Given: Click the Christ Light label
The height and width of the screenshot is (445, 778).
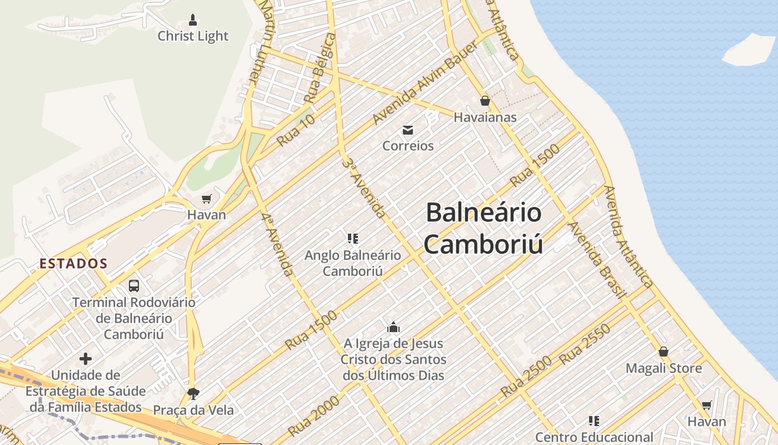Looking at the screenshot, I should pos(193,36).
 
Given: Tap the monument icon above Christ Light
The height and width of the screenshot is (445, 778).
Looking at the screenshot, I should pos(193,21).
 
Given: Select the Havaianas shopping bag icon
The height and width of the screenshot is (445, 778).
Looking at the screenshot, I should pos(485,101).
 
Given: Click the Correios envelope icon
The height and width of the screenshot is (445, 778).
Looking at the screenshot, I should pos(408,130).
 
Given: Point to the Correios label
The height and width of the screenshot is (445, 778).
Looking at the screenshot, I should pos(408,146).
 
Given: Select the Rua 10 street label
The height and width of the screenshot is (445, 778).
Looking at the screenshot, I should pos(296,130).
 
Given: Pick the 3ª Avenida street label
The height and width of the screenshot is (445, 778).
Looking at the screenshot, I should pos(364,187).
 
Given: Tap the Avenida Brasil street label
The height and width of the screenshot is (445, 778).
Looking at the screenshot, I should pos(597,259).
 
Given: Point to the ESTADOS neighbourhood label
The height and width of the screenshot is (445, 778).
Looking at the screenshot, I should pos(73,264).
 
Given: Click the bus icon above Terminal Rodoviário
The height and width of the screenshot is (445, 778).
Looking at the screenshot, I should pos(134,286).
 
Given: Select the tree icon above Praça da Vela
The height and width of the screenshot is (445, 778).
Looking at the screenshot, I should pos(193,394).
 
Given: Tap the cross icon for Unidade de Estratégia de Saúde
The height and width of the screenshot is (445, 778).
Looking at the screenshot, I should pos(86,359).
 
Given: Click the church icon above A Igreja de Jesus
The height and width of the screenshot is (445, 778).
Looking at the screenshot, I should pos(393,327).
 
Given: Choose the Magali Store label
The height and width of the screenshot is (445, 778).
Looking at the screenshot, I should pos(664,368).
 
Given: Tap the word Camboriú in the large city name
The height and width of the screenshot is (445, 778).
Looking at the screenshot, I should pos(483,244).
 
